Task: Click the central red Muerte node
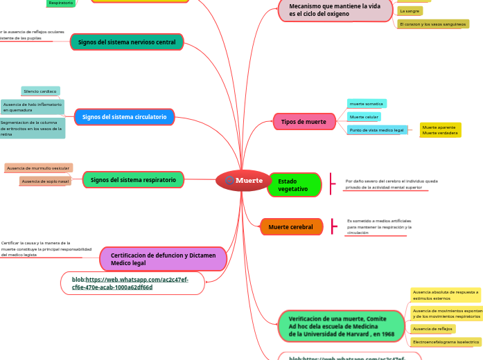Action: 243,181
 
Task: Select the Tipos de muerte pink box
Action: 304,122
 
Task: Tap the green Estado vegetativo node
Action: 294,185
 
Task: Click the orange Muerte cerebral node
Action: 291,227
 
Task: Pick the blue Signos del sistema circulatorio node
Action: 123,117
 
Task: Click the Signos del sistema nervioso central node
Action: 127,42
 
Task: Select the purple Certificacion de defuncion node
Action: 164,259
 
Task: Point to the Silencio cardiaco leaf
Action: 40,91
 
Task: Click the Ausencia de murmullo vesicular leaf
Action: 38,168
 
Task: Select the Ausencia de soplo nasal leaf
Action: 45,181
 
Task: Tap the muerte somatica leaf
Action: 367,103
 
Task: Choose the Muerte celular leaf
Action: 364,117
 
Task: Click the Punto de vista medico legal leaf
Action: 376,130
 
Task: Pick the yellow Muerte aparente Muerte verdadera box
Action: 440,130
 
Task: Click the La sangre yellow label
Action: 410,11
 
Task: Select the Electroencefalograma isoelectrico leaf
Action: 446,342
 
